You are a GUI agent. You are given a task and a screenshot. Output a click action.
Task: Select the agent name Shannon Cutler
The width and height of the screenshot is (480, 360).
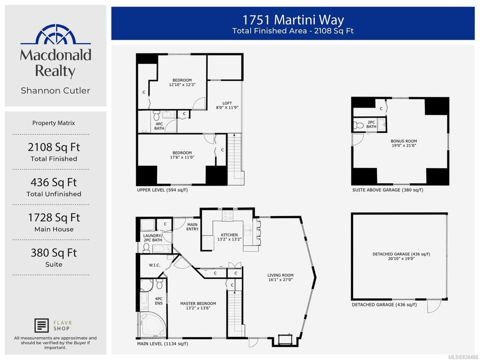(x=55, y=90)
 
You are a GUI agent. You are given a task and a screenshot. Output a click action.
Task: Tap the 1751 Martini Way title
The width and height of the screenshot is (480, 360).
(x=293, y=20)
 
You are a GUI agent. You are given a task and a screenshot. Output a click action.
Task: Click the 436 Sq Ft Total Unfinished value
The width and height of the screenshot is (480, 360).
(x=53, y=182)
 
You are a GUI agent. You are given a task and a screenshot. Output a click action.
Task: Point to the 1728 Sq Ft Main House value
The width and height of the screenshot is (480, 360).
(x=53, y=217)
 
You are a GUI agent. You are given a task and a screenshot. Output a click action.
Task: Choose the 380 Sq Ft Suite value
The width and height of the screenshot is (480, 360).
(x=53, y=253)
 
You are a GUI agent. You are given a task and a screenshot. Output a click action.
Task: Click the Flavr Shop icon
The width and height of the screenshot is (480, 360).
(x=42, y=325)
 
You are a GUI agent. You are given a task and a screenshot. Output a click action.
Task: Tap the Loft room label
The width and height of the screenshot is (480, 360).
(x=227, y=105)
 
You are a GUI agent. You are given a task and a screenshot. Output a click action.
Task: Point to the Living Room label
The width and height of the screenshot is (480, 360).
(x=280, y=277)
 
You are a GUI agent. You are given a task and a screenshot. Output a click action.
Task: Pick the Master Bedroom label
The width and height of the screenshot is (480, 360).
(x=198, y=306)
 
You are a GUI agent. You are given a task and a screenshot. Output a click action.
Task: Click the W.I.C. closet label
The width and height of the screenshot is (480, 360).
(x=154, y=265)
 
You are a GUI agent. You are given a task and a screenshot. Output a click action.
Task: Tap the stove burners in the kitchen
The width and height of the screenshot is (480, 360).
(x=227, y=216)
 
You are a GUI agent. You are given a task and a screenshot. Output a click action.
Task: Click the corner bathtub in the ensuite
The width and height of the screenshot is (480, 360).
(x=151, y=325)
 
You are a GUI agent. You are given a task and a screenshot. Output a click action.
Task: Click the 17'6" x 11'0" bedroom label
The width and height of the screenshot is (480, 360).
(x=182, y=155)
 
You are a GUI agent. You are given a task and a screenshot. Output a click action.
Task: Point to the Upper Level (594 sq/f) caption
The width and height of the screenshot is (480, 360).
(x=162, y=190)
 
